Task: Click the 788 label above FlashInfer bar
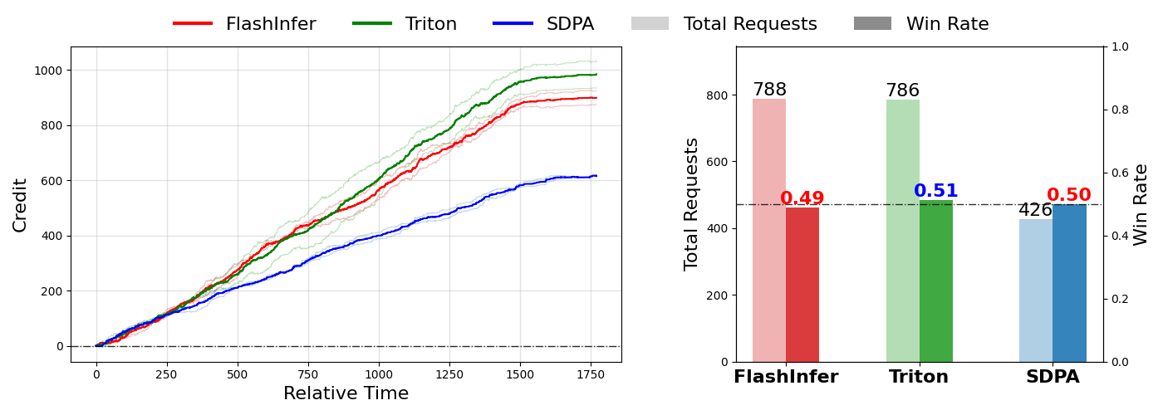(769, 90)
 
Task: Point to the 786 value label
(902, 90)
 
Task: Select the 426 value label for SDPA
(1035, 210)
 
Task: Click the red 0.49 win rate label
(802, 198)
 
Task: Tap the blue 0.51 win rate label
(936, 191)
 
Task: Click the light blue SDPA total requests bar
(1036, 290)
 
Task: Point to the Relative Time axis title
(346, 393)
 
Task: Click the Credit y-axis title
(20, 204)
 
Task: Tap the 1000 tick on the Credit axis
(48, 71)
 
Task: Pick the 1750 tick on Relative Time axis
(591, 374)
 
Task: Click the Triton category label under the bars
(919, 377)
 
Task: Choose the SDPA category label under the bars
(1053, 377)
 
